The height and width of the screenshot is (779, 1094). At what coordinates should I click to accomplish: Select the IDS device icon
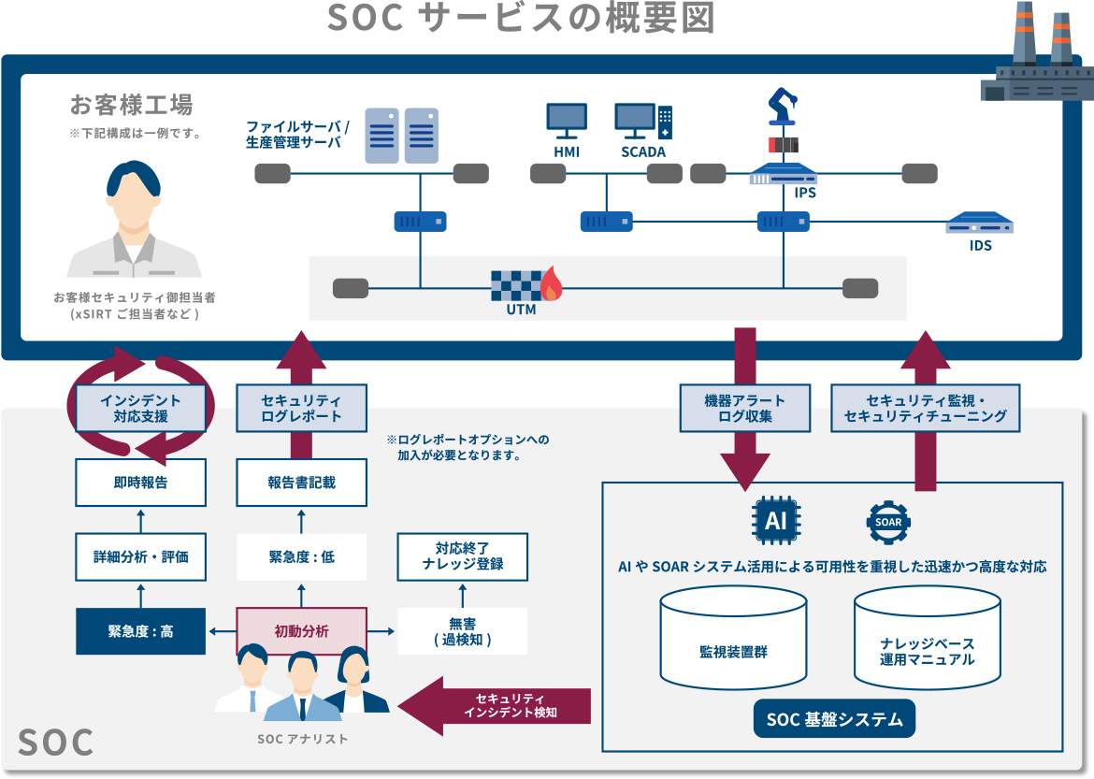[x=980, y=224]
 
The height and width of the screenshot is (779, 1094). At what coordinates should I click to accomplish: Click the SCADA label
[x=643, y=152]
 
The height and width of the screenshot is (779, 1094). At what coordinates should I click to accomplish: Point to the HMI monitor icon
[x=567, y=119]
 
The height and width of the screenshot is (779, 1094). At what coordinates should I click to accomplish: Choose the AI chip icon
[x=776, y=521]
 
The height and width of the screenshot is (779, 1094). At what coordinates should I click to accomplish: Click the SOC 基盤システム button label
[x=834, y=719]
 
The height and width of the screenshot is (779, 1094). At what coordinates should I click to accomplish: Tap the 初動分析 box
[x=301, y=631]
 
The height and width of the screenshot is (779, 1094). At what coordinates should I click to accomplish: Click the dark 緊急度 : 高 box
[x=140, y=631]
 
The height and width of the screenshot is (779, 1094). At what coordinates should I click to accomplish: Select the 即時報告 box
[x=140, y=483]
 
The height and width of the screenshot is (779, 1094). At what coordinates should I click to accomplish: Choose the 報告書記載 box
[x=301, y=483]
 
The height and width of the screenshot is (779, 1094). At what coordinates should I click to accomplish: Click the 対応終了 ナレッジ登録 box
[x=463, y=556]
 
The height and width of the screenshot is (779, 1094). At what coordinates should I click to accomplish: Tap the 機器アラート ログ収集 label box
[x=744, y=408]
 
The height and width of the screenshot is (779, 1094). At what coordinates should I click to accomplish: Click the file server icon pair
[x=401, y=135]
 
